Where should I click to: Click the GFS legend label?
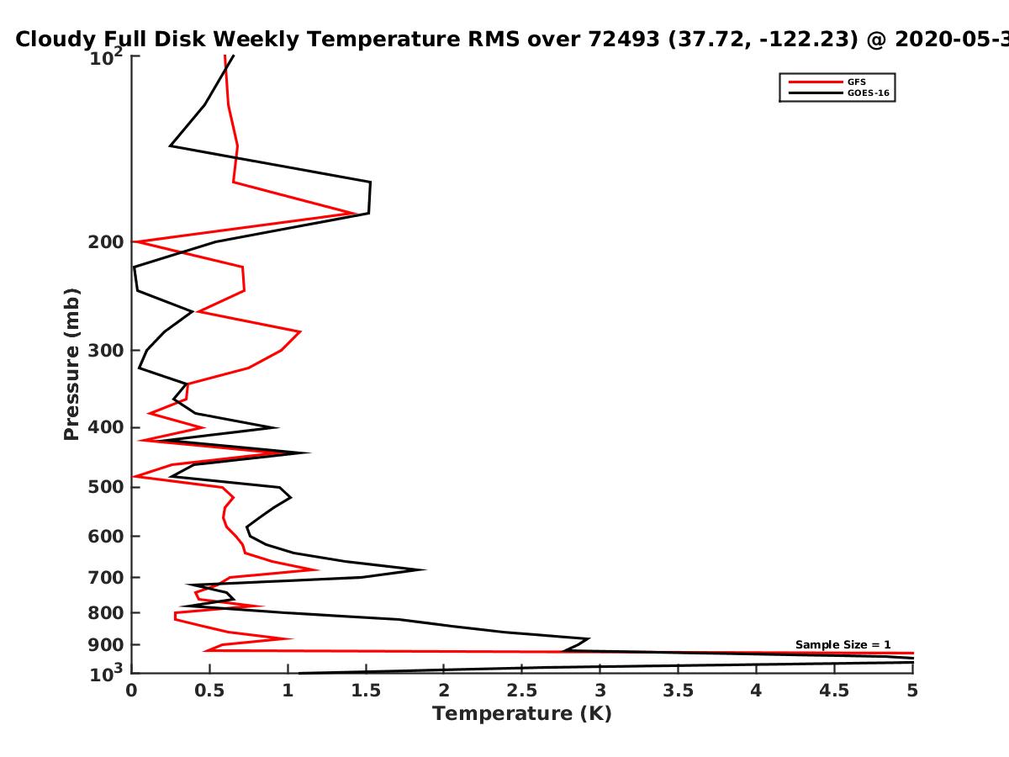click(856, 82)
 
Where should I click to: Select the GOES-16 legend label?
click(869, 93)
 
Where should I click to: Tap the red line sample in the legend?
click(816, 82)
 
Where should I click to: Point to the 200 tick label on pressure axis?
click(106, 242)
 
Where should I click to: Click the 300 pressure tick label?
click(106, 351)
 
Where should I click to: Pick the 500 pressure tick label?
click(106, 487)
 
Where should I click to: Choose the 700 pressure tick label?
click(106, 577)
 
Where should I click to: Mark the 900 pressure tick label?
click(106, 645)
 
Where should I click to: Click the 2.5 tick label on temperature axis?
click(522, 691)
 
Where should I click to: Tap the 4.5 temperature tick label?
click(834, 691)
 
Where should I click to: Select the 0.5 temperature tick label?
click(209, 691)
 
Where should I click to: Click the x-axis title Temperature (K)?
click(522, 714)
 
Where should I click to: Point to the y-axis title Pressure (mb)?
click(71, 364)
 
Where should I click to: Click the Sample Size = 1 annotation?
click(843, 645)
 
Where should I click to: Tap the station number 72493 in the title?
click(624, 39)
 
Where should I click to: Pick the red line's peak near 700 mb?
click(317, 570)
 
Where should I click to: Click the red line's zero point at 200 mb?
click(134, 241)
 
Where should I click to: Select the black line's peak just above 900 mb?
click(589, 638)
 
